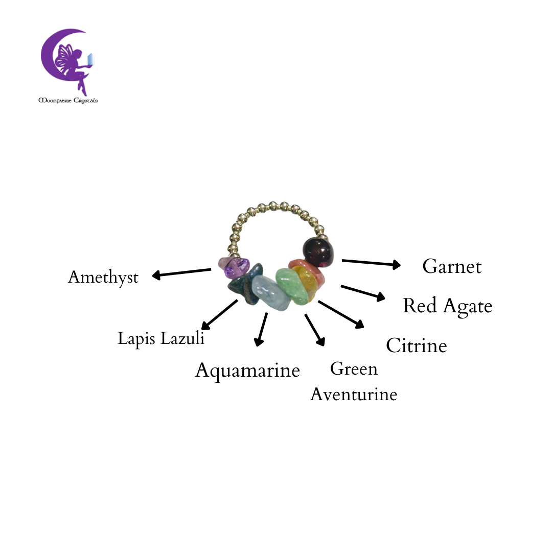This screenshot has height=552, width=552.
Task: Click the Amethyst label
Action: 103,278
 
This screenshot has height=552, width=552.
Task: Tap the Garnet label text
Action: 452,266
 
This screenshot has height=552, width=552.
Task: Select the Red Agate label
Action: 447,306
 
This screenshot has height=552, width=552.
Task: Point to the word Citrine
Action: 417,346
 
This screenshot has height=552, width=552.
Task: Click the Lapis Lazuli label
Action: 161,339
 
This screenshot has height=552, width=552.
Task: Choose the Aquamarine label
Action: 247,371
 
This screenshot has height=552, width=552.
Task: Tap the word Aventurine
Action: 354,394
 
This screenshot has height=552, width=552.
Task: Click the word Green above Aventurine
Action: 354,369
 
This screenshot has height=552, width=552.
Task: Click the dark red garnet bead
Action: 318,252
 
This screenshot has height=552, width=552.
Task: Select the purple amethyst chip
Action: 234,267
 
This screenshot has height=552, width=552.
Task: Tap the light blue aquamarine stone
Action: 271,293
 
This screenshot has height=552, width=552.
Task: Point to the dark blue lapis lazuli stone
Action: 245,284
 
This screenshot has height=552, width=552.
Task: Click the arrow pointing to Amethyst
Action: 181,273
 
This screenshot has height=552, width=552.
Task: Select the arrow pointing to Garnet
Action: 371,263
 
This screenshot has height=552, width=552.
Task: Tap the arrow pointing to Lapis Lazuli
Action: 219,315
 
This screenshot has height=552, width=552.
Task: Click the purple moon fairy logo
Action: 67,62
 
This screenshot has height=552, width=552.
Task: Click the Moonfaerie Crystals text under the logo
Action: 68,101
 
